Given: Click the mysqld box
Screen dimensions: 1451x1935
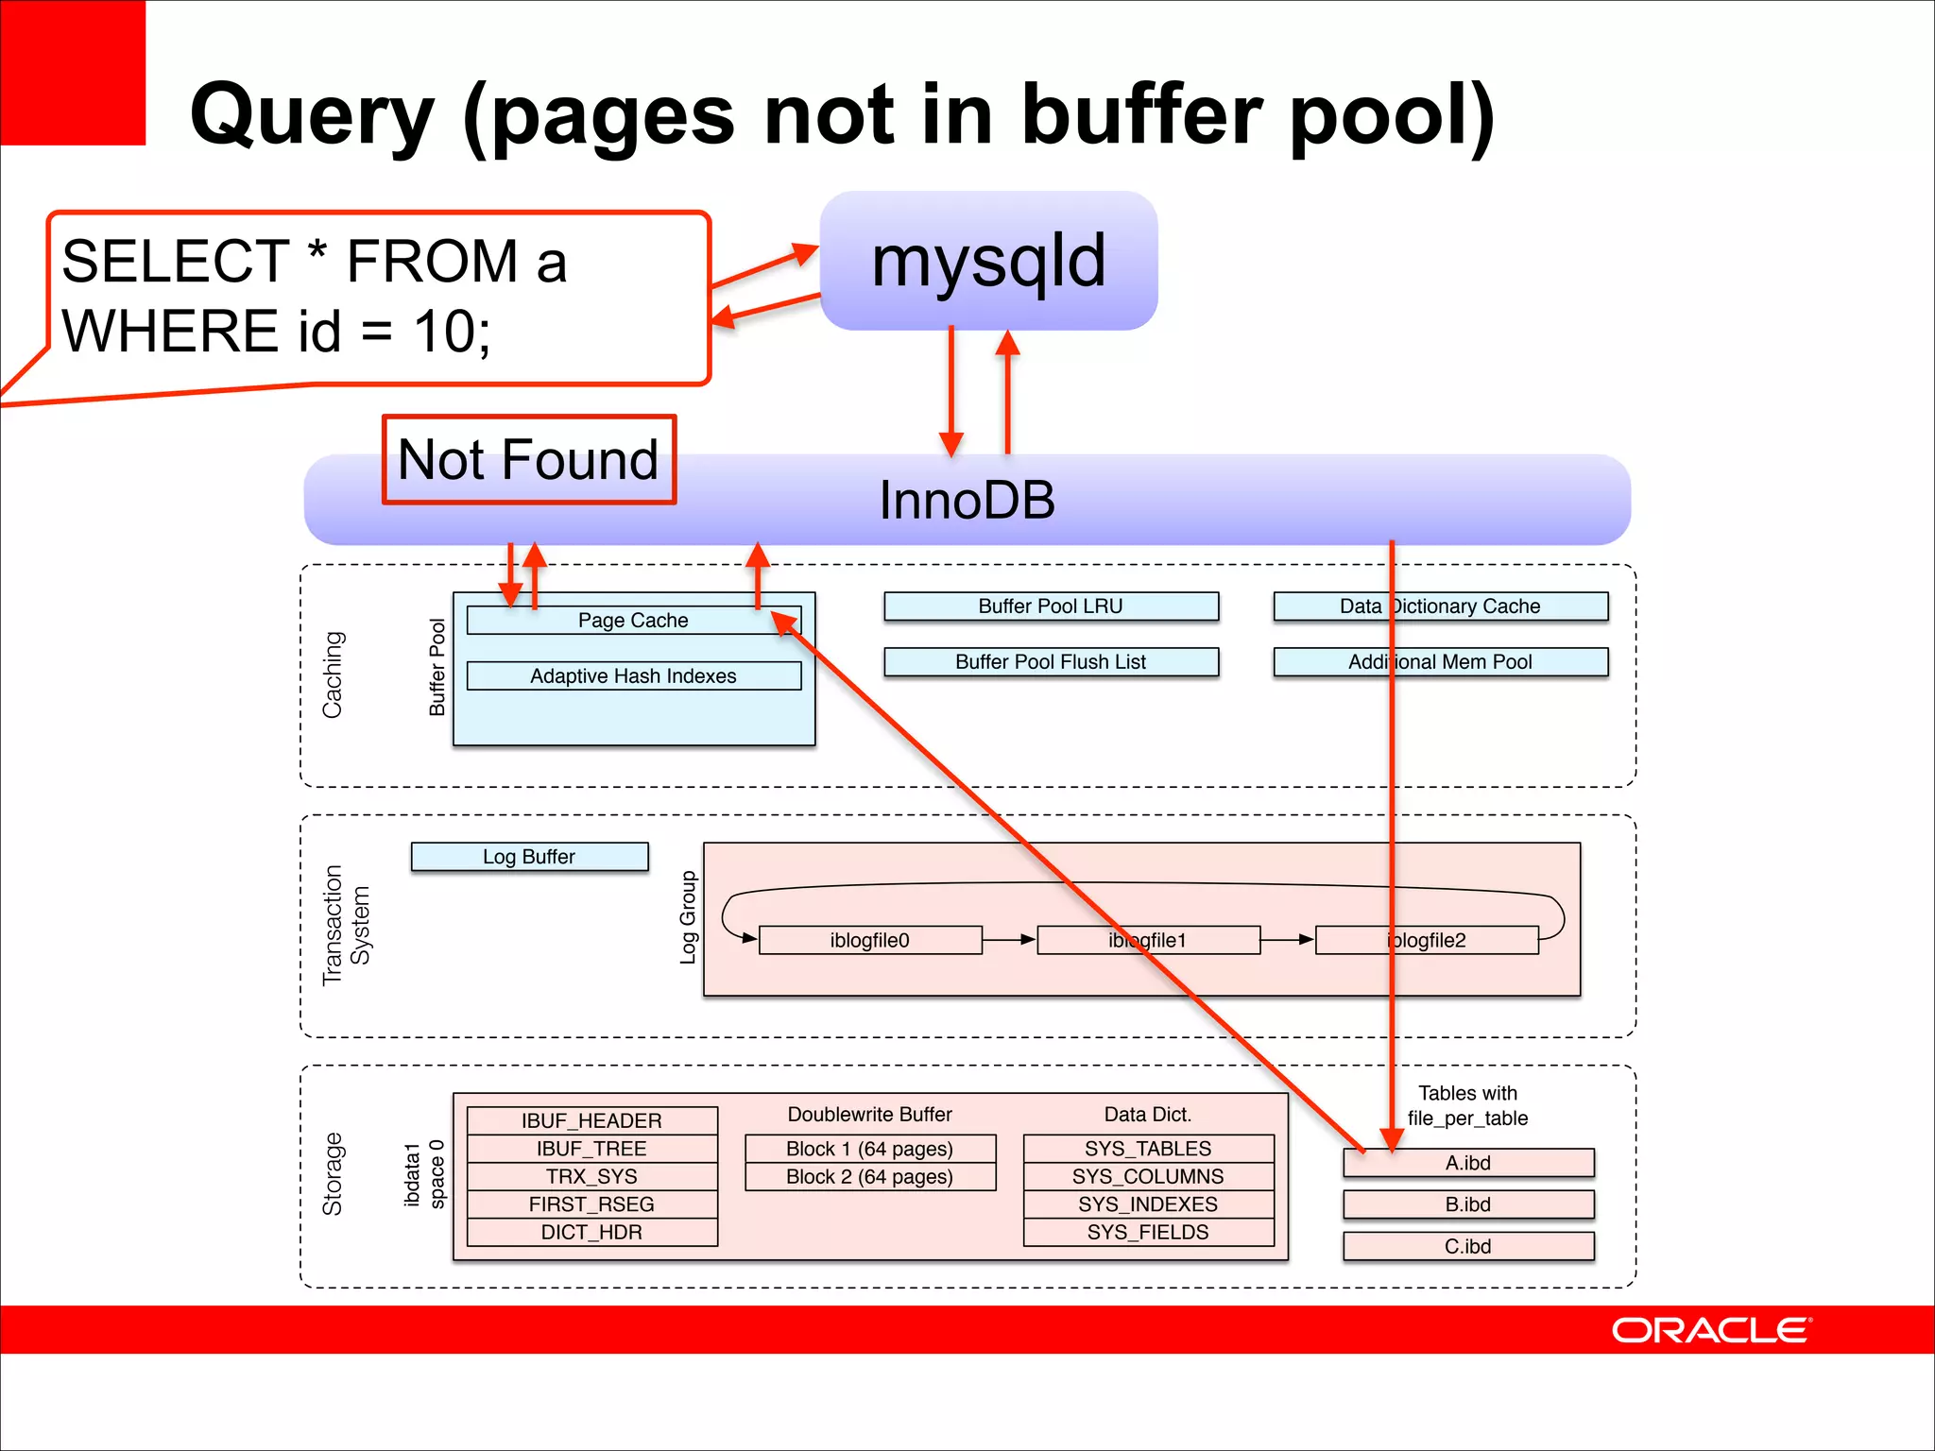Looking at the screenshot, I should [x=988, y=261].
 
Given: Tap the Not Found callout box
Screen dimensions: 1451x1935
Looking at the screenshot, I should [x=528, y=460].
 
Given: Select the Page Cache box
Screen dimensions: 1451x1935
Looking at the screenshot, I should [x=633, y=621].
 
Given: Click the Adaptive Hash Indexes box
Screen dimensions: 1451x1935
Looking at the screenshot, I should [x=633, y=676].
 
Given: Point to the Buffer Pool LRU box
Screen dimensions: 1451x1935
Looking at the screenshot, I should [x=1051, y=606].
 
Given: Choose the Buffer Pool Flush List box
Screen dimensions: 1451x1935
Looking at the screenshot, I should [x=1051, y=662].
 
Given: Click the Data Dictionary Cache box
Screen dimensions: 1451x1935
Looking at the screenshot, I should [x=1440, y=606].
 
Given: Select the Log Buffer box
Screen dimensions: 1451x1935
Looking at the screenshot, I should [x=529, y=857].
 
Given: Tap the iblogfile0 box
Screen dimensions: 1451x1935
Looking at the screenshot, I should [x=869, y=941].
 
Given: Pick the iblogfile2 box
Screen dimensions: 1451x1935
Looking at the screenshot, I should [x=1427, y=941].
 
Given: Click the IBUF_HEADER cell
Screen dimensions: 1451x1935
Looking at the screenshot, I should [x=591, y=1121].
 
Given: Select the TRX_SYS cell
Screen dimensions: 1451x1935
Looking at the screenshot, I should [x=591, y=1177].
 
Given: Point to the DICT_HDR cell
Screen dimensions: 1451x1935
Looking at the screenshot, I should [x=591, y=1233].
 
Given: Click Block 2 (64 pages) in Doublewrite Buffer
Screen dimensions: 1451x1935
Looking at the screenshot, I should [x=869, y=1177].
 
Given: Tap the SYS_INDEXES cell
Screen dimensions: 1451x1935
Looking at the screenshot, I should [x=1148, y=1204].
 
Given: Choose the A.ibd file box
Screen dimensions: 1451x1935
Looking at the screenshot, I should [x=1468, y=1163].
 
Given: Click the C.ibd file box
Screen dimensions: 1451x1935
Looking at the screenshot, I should [x=1468, y=1247].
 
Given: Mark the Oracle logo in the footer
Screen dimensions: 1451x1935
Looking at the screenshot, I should [x=1710, y=1330].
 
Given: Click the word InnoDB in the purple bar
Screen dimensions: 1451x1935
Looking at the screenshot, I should [x=967, y=501].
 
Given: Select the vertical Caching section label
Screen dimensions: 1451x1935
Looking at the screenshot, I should [x=333, y=674].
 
